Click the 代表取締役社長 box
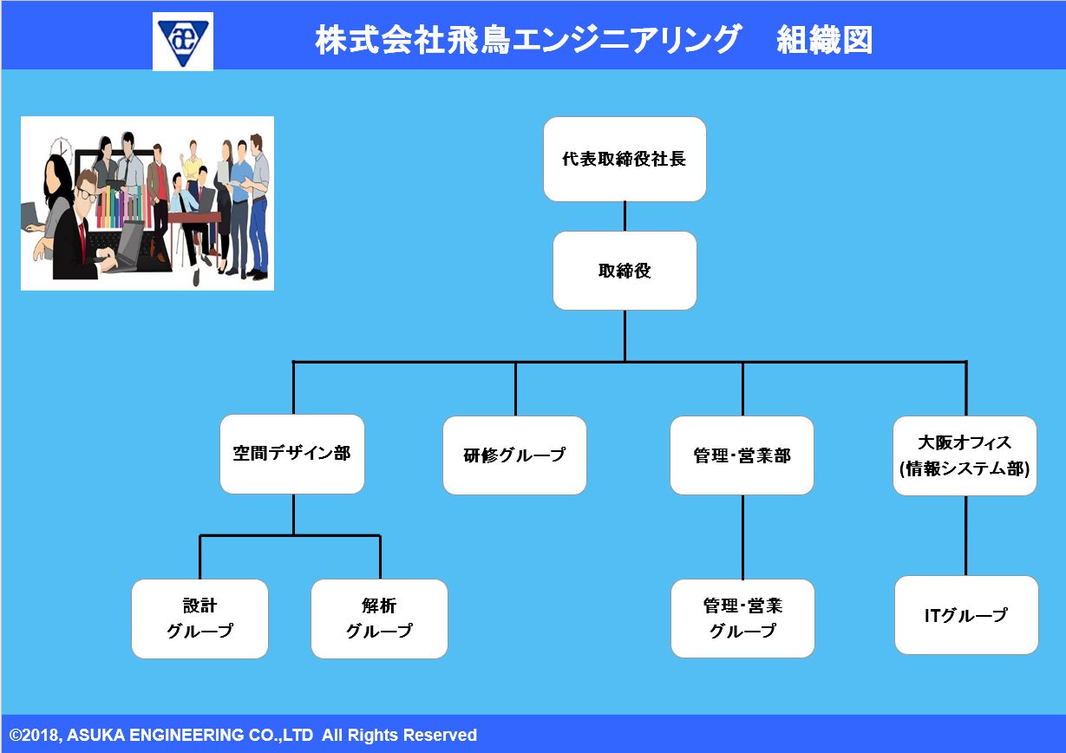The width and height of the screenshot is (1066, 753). click(x=625, y=159)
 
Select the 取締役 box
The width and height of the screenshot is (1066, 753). click(x=625, y=271)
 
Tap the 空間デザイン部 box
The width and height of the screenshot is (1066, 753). click(x=292, y=454)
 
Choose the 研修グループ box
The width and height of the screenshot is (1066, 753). click(x=514, y=455)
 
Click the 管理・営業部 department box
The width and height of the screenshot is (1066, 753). click(x=742, y=455)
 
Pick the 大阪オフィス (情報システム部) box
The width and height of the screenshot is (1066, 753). click(x=965, y=455)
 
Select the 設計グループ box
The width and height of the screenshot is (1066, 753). click(x=199, y=619)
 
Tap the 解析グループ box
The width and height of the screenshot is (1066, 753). click(x=379, y=619)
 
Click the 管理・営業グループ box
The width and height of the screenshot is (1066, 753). click(x=742, y=619)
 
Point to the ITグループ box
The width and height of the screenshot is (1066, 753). click(x=966, y=615)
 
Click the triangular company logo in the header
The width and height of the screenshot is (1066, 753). click(x=183, y=42)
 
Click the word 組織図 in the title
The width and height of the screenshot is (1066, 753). click(x=825, y=40)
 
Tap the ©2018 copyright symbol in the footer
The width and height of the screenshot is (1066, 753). click(x=16, y=736)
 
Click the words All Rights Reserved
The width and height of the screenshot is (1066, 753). click(x=399, y=735)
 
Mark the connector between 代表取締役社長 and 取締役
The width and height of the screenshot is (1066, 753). click(x=625, y=217)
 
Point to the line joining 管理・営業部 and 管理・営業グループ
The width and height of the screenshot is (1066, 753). click(x=742, y=537)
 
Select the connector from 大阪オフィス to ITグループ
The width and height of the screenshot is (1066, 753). click(x=965, y=535)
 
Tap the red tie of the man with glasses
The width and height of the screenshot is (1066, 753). click(x=82, y=238)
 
